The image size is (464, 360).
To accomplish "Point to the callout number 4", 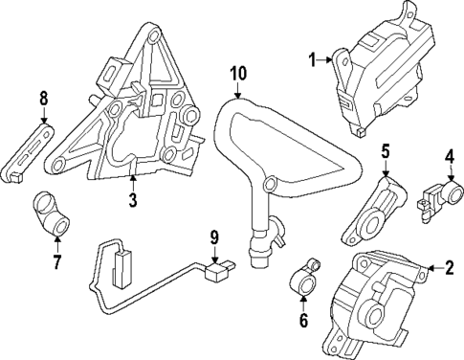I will click(448, 155).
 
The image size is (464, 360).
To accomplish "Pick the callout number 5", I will click(386, 151).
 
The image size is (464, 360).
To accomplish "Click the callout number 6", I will click(303, 321).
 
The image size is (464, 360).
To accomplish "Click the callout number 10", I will click(237, 72).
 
